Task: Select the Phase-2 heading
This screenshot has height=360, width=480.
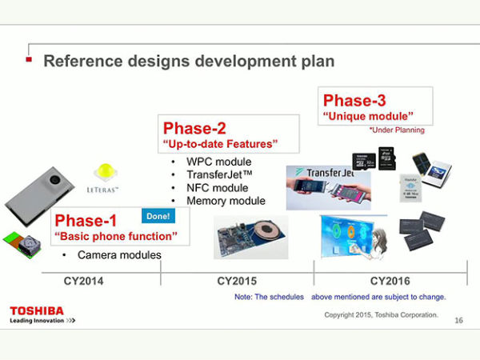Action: tap(195, 129)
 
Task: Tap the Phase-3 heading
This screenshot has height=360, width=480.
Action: tap(354, 101)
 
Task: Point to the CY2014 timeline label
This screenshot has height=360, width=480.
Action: tap(84, 282)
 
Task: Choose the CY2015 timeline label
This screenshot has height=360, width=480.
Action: tap(237, 282)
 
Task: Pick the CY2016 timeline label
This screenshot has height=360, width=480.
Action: tap(390, 282)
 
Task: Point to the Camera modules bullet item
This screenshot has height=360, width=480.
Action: tap(118, 255)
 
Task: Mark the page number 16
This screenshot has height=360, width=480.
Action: tap(458, 321)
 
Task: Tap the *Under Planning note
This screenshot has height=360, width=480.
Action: tap(397, 130)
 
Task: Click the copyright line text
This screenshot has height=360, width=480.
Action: tap(381, 314)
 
